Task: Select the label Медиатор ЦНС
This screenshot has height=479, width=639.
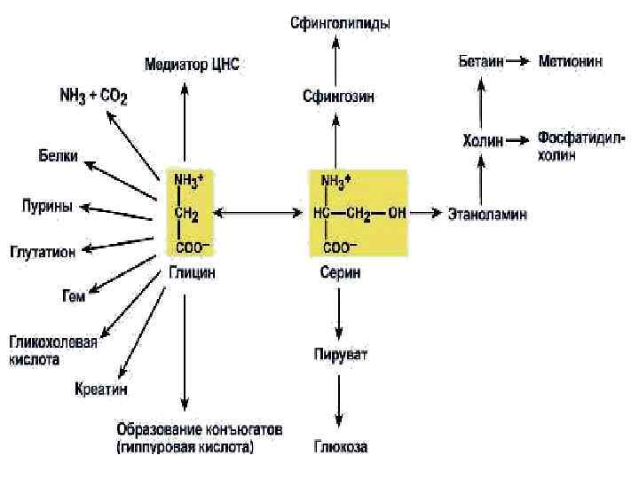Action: tap(192, 65)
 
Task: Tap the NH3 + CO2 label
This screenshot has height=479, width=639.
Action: tap(92, 95)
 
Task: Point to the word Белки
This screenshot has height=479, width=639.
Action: tap(58, 156)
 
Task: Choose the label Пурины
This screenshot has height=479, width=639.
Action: tap(47, 206)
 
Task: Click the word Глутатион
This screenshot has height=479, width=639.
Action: tap(42, 251)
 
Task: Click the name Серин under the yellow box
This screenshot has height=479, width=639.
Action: tap(341, 273)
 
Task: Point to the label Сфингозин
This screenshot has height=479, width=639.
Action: tap(337, 96)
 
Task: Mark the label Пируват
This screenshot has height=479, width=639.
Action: tap(341, 355)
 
